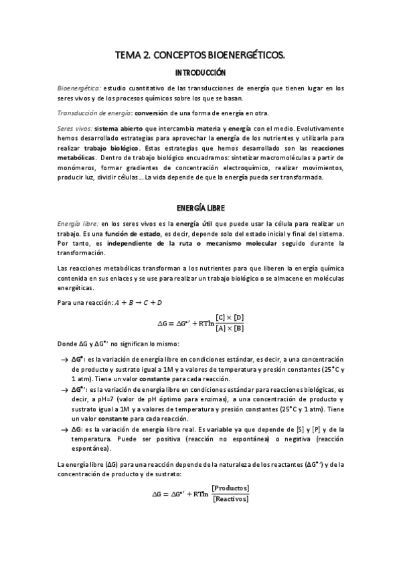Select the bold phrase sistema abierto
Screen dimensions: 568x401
coord(118,128)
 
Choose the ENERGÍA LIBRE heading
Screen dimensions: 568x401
coord(200,208)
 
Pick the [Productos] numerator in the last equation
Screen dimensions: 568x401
coord(230,487)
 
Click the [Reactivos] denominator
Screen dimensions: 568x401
coord(230,498)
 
